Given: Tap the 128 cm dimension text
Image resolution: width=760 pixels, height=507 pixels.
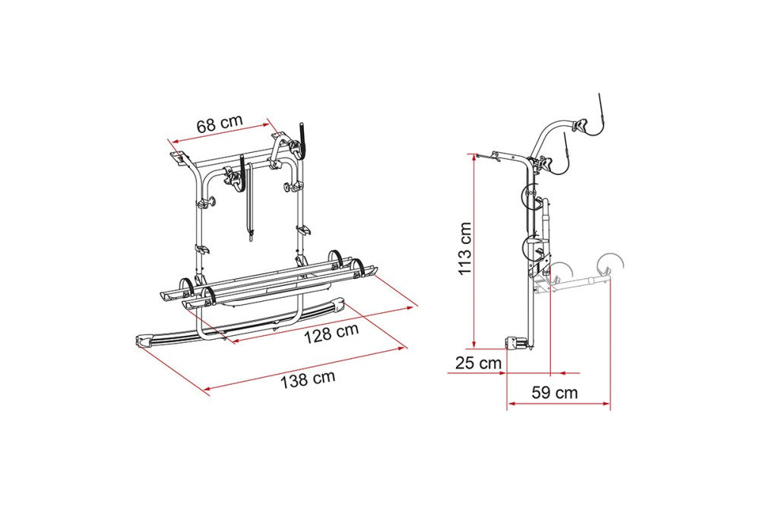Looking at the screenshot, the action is click(x=331, y=333).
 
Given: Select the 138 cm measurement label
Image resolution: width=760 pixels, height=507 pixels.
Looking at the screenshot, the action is click(x=308, y=378).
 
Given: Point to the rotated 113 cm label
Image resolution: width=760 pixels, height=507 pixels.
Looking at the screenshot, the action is click(x=465, y=248).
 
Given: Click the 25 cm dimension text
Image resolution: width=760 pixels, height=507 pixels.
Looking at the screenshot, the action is click(x=478, y=363).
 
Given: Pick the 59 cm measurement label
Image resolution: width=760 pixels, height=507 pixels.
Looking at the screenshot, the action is click(x=555, y=392).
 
